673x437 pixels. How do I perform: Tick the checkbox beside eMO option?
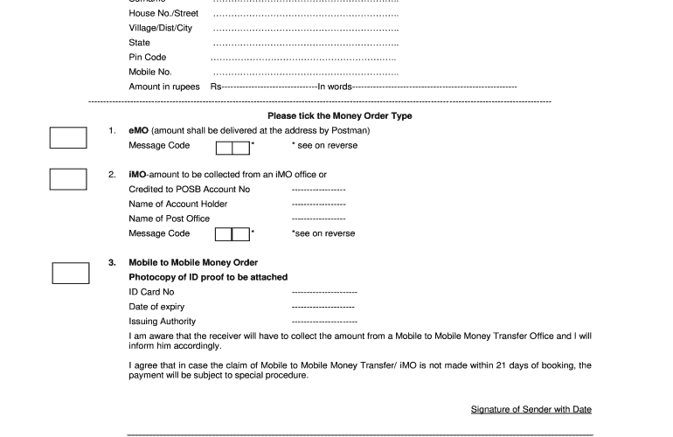pyautogui.click(x=69, y=138)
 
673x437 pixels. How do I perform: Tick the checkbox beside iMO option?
pyautogui.click(x=69, y=178)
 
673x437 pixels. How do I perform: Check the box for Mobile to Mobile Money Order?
pyautogui.click(x=71, y=273)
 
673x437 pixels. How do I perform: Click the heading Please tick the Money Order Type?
pyautogui.click(x=339, y=116)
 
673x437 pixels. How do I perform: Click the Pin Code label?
pyautogui.click(x=148, y=58)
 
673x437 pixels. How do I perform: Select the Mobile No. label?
pyautogui.click(x=150, y=72)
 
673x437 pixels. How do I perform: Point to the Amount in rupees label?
pyautogui.click(x=165, y=87)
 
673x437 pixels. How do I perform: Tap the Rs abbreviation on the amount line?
pyautogui.click(x=215, y=87)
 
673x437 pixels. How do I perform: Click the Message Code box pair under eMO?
pyautogui.click(x=232, y=147)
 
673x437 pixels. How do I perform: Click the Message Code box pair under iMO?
pyautogui.click(x=232, y=234)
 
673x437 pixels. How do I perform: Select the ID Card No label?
pyautogui.click(x=151, y=292)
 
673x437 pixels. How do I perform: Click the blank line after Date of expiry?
pyautogui.click(x=323, y=307)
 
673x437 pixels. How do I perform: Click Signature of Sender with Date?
pyautogui.click(x=531, y=409)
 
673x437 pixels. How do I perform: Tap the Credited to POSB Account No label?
pyautogui.click(x=189, y=190)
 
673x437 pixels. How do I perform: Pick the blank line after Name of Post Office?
pyautogui.click(x=318, y=218)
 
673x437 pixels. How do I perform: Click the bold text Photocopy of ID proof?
pyautogui.click(x=208, y=277)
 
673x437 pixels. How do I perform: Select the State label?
pyautogui.click(x=140, y=43)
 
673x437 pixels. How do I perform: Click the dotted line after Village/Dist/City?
pyautogui.click(x=306, y=29)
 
